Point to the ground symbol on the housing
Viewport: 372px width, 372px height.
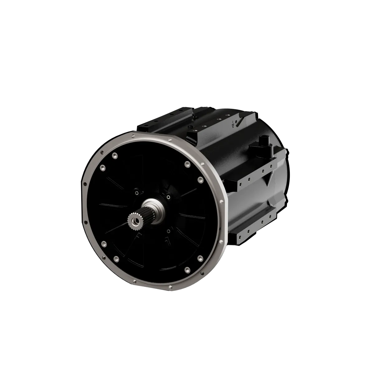click(x=233, y=124)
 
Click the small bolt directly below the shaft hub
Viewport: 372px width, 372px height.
click(x=168, y=231)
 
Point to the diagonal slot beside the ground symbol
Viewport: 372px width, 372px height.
click(x=237, y=122)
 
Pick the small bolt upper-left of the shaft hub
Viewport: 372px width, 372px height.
click(x=136, y=193)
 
